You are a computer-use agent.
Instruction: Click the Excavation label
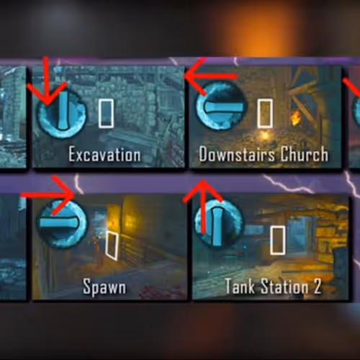(104, 154)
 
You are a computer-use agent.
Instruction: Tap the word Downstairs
(237, 154)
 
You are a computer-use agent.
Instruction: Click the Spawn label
(104, 287)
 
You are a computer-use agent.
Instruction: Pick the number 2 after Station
(318, 286)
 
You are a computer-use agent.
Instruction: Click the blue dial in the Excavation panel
(61, 112)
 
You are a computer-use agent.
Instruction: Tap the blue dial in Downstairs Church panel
(221, 107)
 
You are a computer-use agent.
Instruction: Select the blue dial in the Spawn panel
(63, 223)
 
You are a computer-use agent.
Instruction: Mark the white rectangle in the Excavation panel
(106, 113)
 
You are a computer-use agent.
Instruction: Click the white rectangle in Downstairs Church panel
(265, 113)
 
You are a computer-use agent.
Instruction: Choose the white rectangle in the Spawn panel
(112, 246)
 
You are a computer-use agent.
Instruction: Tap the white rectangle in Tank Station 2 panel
(278, 240)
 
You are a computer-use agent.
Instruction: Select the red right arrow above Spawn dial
(48, 195)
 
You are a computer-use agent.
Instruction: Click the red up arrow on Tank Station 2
(203, 207)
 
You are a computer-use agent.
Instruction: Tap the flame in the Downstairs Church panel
(294, 119)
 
